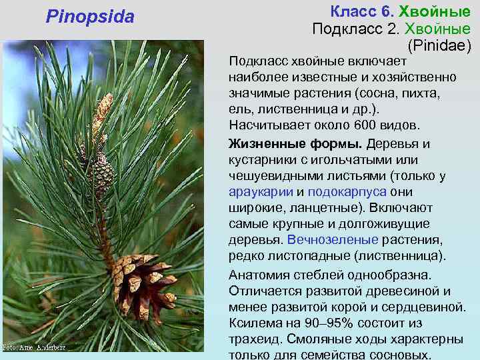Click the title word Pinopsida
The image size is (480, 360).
pos(90,16)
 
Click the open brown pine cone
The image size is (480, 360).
pos(139,284)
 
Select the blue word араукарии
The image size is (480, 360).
pos(259,191)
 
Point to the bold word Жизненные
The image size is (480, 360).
pos(261,144)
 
